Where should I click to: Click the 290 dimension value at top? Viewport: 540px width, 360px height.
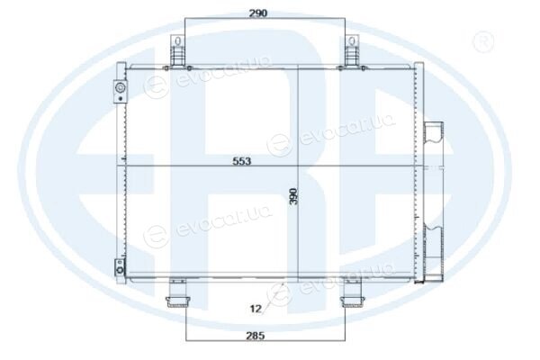[258, 13]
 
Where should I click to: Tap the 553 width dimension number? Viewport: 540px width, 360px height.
[242, 161]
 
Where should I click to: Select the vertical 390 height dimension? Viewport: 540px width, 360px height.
[293, 196]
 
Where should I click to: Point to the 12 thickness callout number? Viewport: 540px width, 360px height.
[256, 309]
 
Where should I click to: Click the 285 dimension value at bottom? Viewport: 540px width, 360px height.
[256, 335]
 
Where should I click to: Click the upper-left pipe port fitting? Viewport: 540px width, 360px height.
[121, 91]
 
